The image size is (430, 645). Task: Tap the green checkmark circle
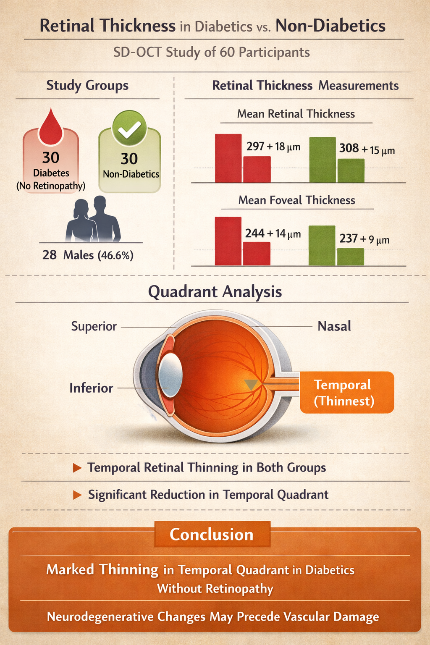tap(129, 128)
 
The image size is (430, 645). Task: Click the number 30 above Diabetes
tap(51, 158)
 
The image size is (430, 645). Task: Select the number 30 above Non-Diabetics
tap(129, 159)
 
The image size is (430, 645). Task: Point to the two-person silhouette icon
tap(93, 219)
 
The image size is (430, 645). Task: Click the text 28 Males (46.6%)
tap(88, 255)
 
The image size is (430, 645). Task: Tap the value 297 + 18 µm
tap(273, 147)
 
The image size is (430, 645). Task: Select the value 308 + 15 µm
tap(367, 149)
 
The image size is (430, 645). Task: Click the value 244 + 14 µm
tap(273, 233)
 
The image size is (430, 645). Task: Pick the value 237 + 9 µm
tap(364, 239)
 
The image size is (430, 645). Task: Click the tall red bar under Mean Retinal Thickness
tap(228, 158)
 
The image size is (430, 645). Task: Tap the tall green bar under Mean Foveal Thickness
tap(322, 246)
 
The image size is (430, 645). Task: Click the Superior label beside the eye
tap(94, 326)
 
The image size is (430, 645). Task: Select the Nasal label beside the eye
tap(334, 326)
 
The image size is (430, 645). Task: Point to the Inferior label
tap(91, 388)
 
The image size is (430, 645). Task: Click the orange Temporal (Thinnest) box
tap(346, 393)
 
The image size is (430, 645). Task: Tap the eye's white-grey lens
tap(170, 375)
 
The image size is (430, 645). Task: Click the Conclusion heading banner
tap(212, 535)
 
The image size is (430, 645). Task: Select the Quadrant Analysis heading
tap(215, 291)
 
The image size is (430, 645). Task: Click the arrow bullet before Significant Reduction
tap(77, 495)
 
